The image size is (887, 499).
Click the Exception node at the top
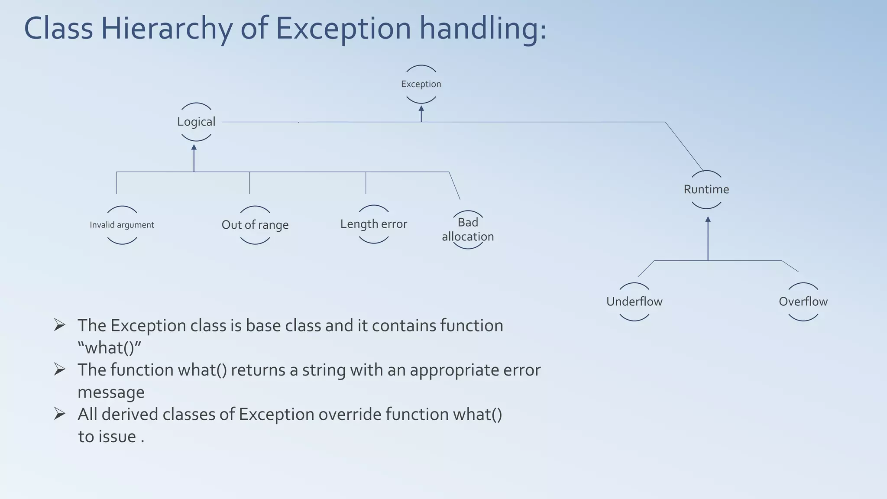[421, 84]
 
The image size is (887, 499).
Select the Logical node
[196, 122]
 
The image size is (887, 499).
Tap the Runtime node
[706, 189]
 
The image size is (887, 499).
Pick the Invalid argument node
[122, 225]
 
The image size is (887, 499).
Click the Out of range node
[255, 225]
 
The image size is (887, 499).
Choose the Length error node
[374, 224]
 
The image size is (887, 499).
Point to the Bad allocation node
[468, 230]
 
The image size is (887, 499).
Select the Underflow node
[634, 301]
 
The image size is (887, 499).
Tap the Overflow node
[803, 301]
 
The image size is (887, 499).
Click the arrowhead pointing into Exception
[421, 108]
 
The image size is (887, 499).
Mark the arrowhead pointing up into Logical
[194, 148]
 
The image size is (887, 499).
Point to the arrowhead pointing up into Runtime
[708, 220]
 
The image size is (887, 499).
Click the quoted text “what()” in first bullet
[110, 348]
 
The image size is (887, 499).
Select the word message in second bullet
[111, 392]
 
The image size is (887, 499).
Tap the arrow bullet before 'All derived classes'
[60, 414]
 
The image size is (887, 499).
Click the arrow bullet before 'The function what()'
[60, 369]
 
